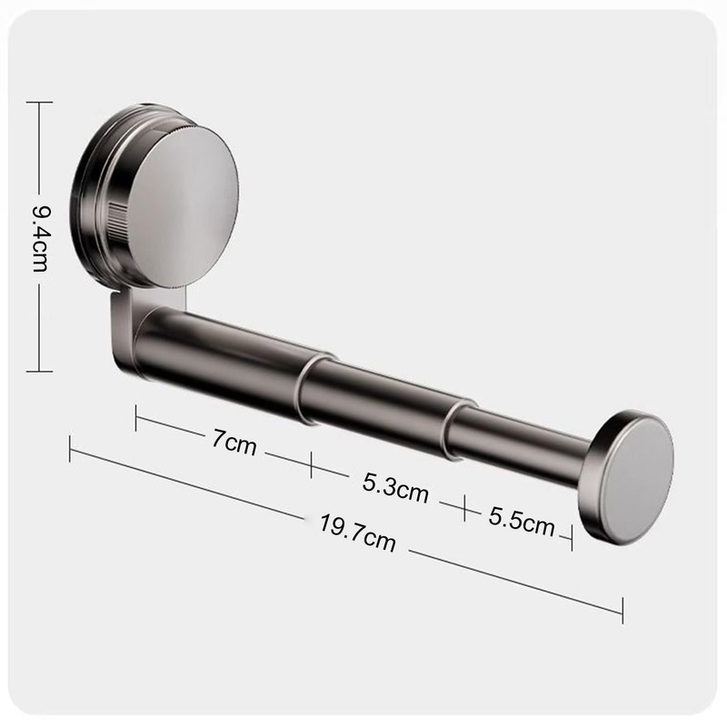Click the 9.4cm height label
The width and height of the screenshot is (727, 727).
pyautogui.click(x=40, y=238)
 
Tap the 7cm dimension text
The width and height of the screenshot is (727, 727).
pyautogui.click(x=234, y=443)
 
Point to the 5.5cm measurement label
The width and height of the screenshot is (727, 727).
pyautogui.click(x=522, y=522)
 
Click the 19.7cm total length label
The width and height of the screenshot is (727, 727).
pyautogui.click(x=357, y=533)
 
